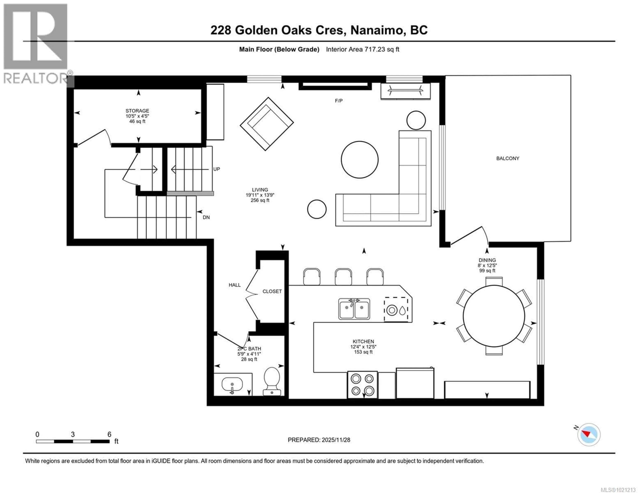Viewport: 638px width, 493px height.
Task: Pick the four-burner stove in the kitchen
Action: [x=362, y=385]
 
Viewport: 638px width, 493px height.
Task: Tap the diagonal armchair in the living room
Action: [x=266, y=124]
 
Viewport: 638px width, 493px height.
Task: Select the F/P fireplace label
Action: [x=339, y=101]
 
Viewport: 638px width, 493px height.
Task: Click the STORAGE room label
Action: [x=137, y=111]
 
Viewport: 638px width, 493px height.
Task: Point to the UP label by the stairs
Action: [x=216, y=169]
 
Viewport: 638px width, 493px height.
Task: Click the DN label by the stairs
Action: [x=206, y=218]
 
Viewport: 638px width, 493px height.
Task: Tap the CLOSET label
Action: [x=272, y=291]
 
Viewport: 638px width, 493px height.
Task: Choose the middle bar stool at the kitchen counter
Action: [x=343, y=276]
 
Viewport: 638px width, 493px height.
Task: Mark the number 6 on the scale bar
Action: [x=109, y=434]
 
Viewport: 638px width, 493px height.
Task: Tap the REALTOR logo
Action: [x=36, y=44]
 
